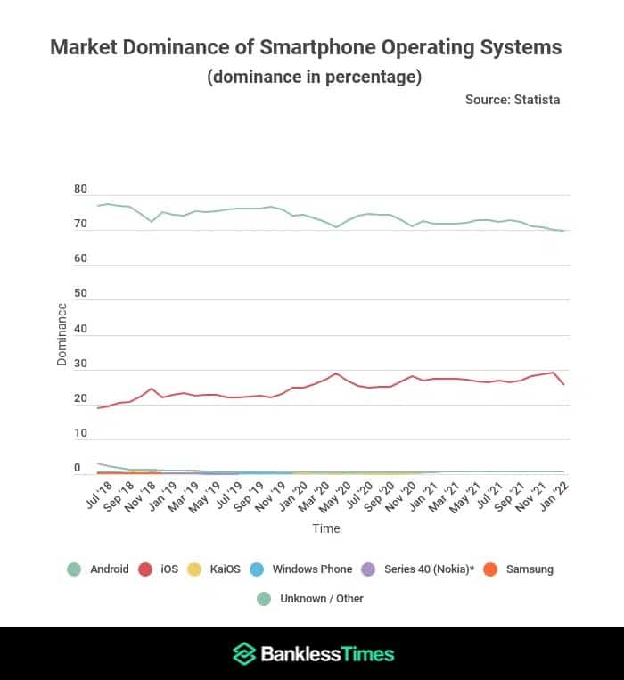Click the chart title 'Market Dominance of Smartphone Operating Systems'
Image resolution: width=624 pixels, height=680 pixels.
pos(306,47)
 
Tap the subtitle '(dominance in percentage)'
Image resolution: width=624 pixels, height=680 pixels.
pos(314,77)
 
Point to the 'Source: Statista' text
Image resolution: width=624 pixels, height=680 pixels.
pos(512,100)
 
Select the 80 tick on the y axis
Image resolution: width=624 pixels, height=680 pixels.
pos(80,190)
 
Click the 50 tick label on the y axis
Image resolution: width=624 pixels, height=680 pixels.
pos(80,294)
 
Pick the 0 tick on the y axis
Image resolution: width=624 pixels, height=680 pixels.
pos(78,468)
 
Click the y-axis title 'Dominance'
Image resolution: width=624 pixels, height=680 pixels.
pos(62,334)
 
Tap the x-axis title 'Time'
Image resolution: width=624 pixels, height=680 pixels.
pos(325,528)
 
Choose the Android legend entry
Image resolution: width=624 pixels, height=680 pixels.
pos(99,569)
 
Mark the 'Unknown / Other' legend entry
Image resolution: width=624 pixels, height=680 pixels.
pos(312,598)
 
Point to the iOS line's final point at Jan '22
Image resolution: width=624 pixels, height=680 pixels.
pos(564,384)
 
